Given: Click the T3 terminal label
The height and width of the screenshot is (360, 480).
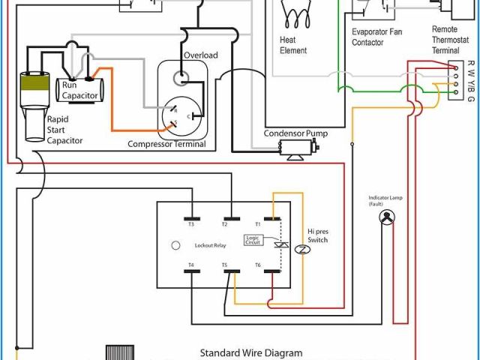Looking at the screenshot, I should coord(190,224).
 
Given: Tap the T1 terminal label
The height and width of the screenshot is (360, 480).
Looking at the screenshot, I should coord(257,224).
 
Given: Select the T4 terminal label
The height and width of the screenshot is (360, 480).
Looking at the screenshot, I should coord(190,265).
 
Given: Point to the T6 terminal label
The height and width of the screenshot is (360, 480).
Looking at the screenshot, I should coord(257,265).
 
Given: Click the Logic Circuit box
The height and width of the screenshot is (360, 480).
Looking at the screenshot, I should coord(253,240).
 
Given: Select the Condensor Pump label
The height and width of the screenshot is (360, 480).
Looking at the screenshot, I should coord(291,134).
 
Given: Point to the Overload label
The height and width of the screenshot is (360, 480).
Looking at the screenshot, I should coord(200,55).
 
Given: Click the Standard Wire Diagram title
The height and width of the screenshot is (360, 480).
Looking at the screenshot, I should coord(250,352).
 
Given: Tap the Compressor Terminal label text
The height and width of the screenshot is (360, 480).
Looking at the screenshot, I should coord(166,144).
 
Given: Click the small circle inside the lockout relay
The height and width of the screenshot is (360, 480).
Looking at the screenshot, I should coord(176,245).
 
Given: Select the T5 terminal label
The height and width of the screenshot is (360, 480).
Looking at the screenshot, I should coord(223,265).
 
